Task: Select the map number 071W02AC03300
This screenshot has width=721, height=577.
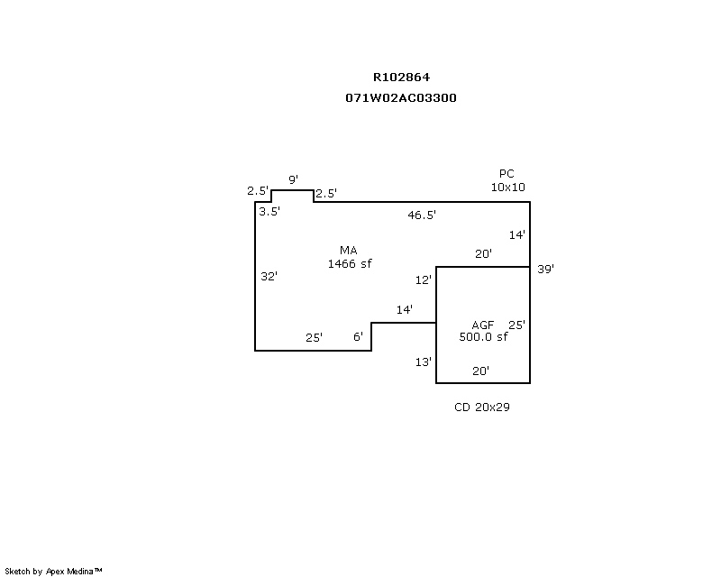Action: [400, 98]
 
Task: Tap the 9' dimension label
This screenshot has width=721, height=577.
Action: [293, 180]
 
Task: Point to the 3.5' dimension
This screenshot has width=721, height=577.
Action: [269, 212]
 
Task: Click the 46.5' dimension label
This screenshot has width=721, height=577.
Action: [422, 215]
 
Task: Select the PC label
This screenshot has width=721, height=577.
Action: [507, 174]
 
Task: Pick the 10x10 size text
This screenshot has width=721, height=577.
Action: [507, 188]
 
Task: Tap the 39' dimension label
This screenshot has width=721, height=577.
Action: [545, 269]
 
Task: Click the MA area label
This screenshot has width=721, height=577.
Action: [349, 250]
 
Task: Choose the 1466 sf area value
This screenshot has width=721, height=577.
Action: [350, 263]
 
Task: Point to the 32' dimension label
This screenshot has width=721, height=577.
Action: [269, 277]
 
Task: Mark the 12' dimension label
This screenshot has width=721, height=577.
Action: [424, 280]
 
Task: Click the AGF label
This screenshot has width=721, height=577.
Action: [483, 325]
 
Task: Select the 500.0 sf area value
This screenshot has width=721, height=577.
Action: [483, 337]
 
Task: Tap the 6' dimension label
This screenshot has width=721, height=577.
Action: [358, 337]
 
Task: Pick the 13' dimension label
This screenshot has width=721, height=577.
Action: [424, 362]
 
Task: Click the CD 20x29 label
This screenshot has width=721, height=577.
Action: [482, 408]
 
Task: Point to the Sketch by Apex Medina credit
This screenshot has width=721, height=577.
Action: [54, 572]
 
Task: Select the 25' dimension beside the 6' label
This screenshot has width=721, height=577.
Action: [314, 338]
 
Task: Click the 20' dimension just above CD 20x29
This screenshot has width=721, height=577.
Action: [481, 371]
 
